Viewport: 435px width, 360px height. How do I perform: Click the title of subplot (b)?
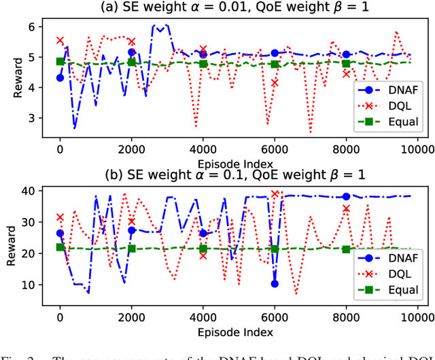(x=234, y=175)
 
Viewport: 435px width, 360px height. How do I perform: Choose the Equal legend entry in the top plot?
(x=391, y=122)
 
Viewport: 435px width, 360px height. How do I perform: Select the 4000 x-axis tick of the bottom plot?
(x=203, y=318)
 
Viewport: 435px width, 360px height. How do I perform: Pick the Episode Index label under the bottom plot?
(x=234, y=331)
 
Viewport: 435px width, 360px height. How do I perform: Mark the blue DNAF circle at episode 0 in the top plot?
(x=60, y=78)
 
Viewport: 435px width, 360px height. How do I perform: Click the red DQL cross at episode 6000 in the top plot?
(x=275, y=83)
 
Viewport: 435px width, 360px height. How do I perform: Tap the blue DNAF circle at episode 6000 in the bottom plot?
(x=275, y=283)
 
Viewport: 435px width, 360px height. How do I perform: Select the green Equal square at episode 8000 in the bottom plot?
(x=346, y=249)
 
